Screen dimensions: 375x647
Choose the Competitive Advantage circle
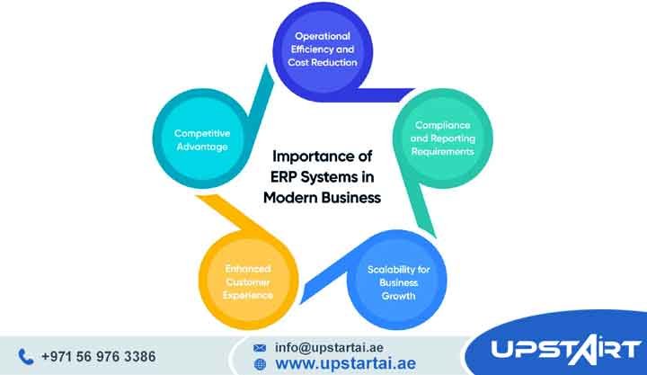pyautogui.click(x=201, y=139)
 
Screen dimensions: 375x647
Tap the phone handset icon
pyautogui.click(x=25, y=357)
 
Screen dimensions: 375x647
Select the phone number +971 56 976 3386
pyautogui.click(x=98, y=357)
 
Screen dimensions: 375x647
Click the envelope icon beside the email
pyautogui.click(x=260, y=346)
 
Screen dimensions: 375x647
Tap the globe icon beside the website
pyautogui.click(x=260, y=364)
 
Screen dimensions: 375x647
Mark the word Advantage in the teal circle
pyautogui.click(x=201, y=147)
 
